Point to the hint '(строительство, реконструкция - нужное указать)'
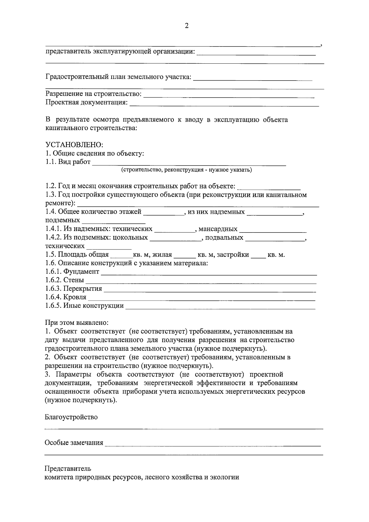186,170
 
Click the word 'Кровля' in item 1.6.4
75,297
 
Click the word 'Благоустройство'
71,417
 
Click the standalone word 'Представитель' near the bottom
68,469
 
